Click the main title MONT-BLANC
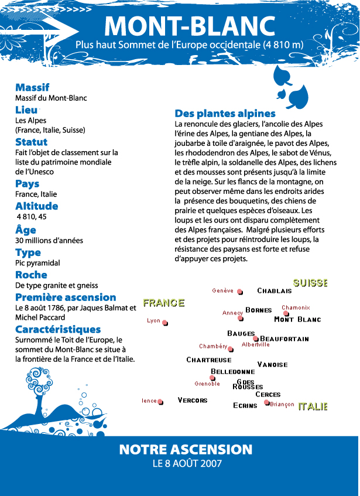coord(190,26)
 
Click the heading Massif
coord(32,87)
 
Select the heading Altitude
coord(36,206)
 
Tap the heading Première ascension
coord(66,297)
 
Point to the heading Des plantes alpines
coord(225,114)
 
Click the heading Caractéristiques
coord(58,329)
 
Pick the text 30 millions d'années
coord(49,240)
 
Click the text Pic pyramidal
coord(37,264)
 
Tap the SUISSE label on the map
coord(310,283)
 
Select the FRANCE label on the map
coord(164,303)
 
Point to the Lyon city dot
coord(165,323)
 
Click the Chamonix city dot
coord(286,314)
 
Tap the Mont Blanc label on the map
coord(297,320)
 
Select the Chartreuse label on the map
coord(209,360)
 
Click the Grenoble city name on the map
coord(207,384)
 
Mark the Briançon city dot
coord(267,403)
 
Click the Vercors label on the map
coord(193,401)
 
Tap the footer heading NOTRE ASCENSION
coord(186,450)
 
